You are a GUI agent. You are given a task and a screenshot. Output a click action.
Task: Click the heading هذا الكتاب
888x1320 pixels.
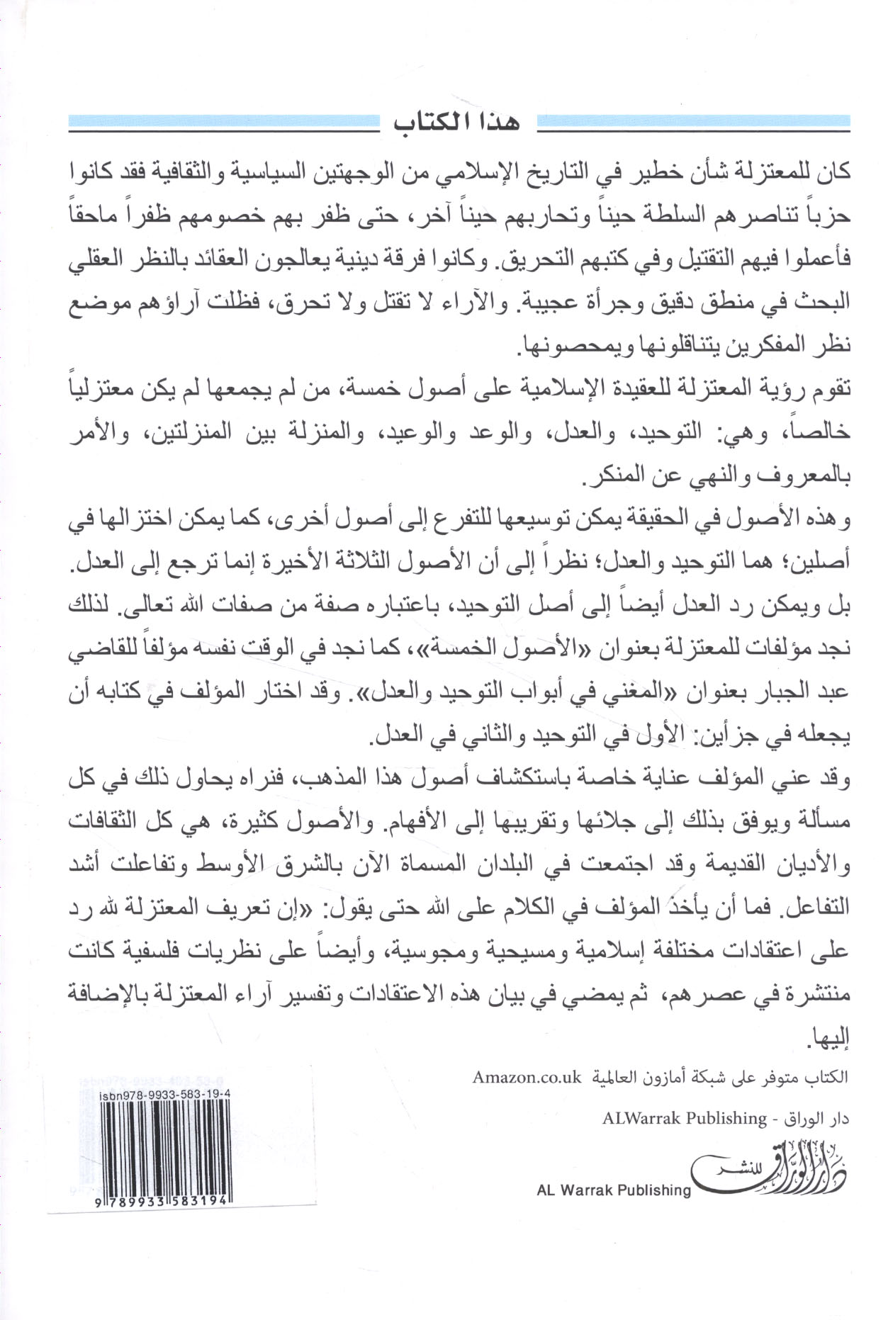point(457,123)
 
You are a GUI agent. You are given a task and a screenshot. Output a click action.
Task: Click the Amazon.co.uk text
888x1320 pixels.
point(527,1078)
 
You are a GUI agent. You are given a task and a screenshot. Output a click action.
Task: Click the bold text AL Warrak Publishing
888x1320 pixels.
point(614,1190)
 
